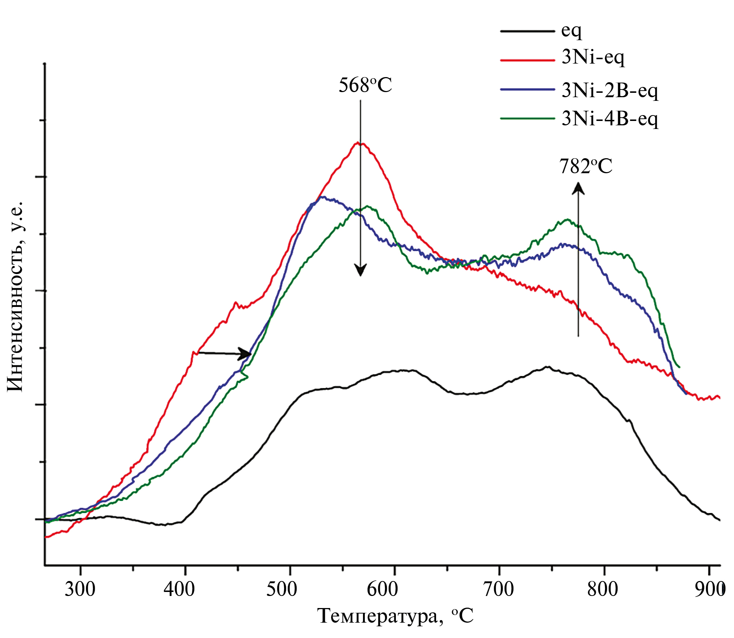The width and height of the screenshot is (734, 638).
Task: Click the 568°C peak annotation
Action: click(x=365, y=86)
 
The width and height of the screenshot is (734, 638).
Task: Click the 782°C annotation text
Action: click(x=586, y=167)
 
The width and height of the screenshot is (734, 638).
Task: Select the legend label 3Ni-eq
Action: click(x=593, y=57)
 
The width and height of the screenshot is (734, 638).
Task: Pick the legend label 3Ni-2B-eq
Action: click(x=610, y=90)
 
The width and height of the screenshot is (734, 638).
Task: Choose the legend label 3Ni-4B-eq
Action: click(x=610, y=119)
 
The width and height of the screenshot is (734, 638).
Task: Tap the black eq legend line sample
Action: click(x=527, y=31)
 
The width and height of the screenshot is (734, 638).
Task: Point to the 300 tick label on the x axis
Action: click(x=80, y=589)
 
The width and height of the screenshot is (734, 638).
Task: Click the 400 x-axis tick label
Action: click(x=179, y=589)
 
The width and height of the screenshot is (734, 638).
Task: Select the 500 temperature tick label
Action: click(x=281, y=589)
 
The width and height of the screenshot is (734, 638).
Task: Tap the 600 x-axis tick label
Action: click(x=382, y=589)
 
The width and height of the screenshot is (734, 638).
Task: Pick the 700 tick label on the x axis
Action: click(x=498, y=589)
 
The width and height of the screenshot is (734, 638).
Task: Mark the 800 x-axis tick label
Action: click(x=602, y=589)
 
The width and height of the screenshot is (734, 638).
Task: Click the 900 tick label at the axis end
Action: click(x=710, y=589)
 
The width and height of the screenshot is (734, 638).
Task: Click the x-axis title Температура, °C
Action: click(x=395, y=616)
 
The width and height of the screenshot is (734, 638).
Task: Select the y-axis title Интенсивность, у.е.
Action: click(x=15, y=296)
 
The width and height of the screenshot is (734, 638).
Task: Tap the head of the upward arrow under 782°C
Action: click(x=578, y=188)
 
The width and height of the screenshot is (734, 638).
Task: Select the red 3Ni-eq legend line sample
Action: click(x=527, y=60)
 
